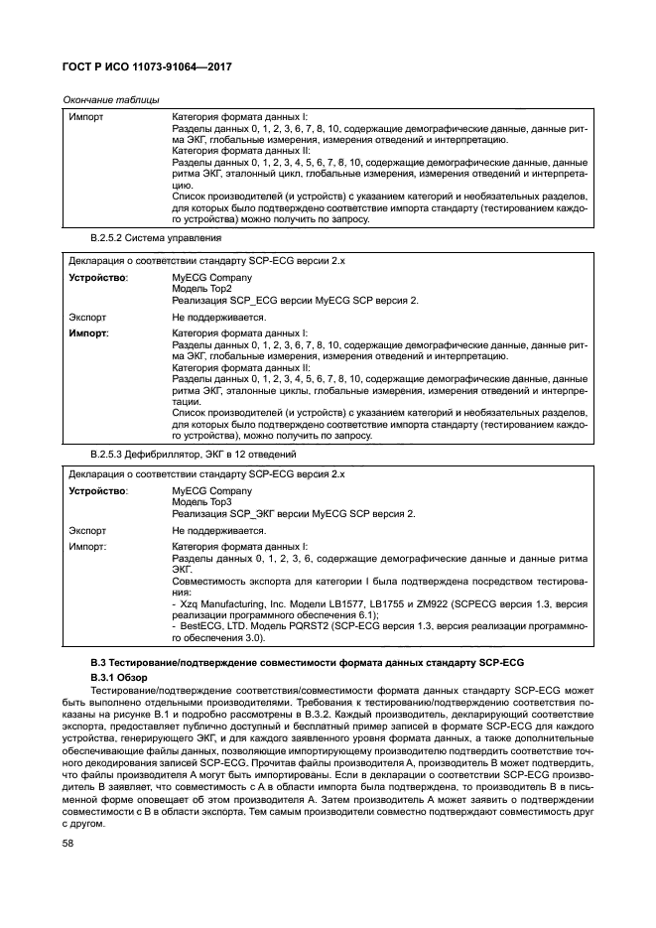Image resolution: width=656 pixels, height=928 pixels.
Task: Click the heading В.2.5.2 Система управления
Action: [x=150, y=240]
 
